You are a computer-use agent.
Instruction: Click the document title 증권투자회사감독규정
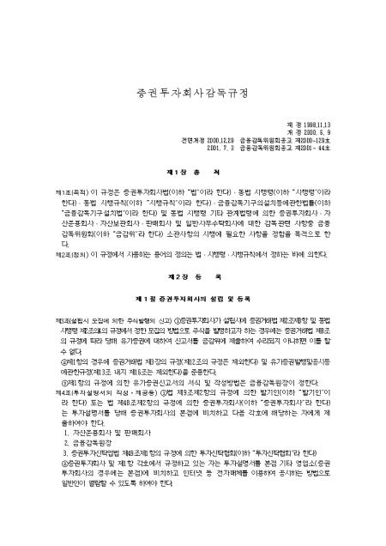[194, 89]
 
